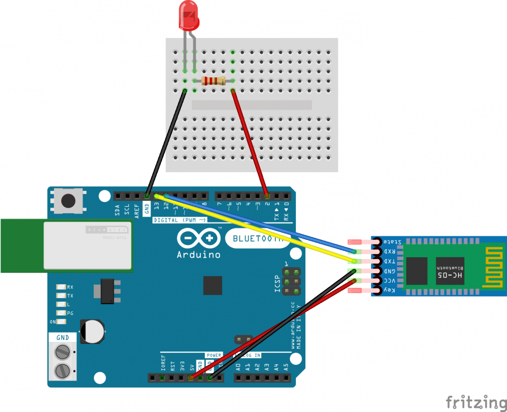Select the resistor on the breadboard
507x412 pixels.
(213, 81)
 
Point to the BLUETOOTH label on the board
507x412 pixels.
(258, 238)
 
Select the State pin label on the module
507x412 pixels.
(392, 241)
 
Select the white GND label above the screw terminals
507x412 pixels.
(63, 338)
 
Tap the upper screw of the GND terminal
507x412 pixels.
(63, 352)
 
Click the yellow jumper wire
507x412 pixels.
(256, 229)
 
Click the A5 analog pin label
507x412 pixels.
(286, 366)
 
